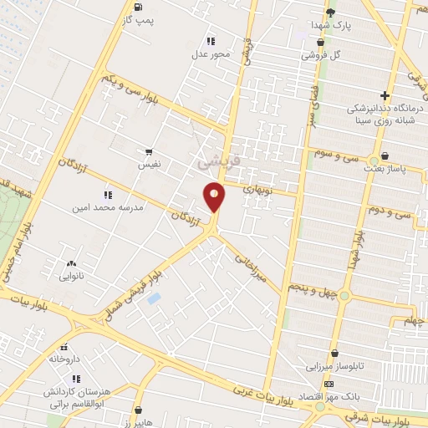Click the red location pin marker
coord(215,197)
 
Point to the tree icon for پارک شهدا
coord(331,12)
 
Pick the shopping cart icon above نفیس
coord(149,153)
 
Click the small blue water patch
coord(153,298)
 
